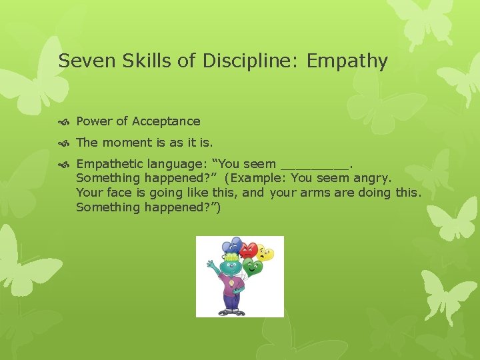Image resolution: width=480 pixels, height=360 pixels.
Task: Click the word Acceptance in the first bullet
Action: coord(166,121)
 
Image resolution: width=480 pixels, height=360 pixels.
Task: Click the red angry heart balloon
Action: coord(249,250)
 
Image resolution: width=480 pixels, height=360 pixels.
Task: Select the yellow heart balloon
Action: coord(265,253)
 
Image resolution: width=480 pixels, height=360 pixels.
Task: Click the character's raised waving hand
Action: coord(210,265)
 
